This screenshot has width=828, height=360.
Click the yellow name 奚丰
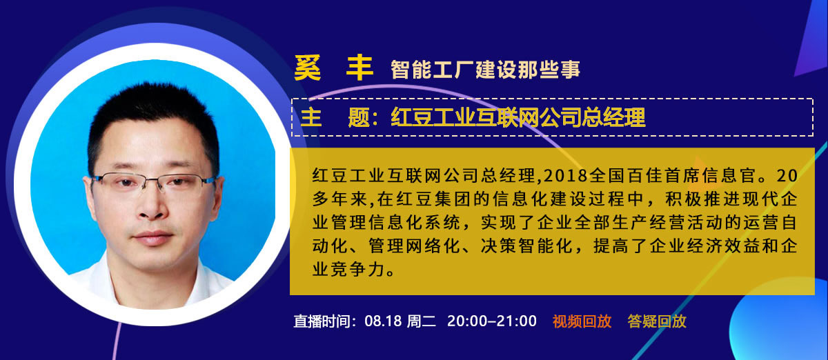tap(333, 68)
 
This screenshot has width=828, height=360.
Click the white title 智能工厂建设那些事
tap(485, 69)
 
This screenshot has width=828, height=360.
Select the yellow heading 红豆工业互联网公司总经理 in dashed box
tap(518, 117)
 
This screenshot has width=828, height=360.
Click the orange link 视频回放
tap(582, 321)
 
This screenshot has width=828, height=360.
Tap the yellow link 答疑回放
tap(657, 321)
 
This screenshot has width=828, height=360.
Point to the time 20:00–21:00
tap(491, 321)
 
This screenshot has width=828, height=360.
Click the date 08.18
tap(383, 321)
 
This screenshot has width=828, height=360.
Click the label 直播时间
tap(322, 321)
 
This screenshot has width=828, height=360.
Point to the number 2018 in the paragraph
tap(565, 176)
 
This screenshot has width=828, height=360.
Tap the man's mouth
tap(153, 237)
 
